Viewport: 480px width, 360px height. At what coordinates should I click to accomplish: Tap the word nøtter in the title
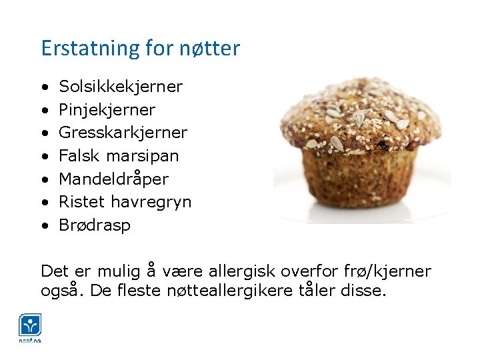tap(209, 49)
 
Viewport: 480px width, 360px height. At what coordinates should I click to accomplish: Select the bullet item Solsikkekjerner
tap(121, 87)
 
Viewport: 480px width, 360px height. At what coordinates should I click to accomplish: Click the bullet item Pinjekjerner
tap(107, 110)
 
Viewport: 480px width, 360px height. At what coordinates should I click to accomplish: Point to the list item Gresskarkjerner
tap(123, 133)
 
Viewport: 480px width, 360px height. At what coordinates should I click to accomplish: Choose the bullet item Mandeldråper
tap(113, 179)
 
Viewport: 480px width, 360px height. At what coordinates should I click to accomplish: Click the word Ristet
tap(82, 201)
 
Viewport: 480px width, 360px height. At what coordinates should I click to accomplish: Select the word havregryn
tap(151, 202)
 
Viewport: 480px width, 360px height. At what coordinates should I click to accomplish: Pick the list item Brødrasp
tap(95, 225)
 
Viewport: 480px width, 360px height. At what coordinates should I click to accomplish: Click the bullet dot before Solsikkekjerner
tap(44, 87)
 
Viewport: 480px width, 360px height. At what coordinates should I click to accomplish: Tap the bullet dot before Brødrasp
tap(44, 225)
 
